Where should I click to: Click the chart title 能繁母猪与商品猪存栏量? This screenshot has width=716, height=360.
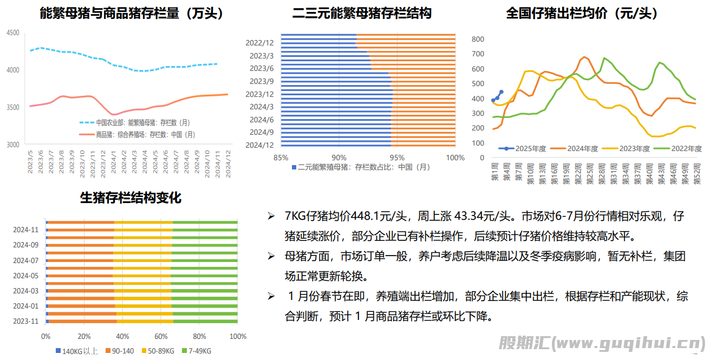pos(132,14)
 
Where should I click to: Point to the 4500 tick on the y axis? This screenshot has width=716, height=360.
pos(13,33)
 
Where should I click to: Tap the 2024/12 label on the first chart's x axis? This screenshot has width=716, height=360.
pos(228,162)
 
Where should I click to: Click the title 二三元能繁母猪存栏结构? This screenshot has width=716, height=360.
pos(362,14)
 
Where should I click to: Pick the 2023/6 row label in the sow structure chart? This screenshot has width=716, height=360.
pos(262,68)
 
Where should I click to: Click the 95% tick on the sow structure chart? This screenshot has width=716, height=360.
pos(397,158)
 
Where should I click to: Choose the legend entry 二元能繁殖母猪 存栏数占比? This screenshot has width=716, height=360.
pos(362,167)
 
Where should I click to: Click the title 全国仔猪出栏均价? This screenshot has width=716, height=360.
pos(582,14)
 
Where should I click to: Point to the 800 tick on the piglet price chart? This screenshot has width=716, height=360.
pos(478,39)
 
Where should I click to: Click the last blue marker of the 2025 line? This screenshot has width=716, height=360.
pos(501,92)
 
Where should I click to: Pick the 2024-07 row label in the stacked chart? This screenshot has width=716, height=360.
pos(26,260)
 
